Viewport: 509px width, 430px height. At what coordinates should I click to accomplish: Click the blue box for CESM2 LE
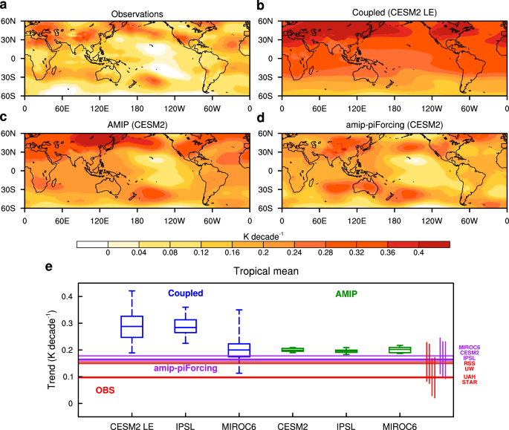click(132, 326)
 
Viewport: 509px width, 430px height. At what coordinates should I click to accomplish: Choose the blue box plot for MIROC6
click(239, 350)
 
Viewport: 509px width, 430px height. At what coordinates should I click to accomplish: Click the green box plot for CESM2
click(292, 350)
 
